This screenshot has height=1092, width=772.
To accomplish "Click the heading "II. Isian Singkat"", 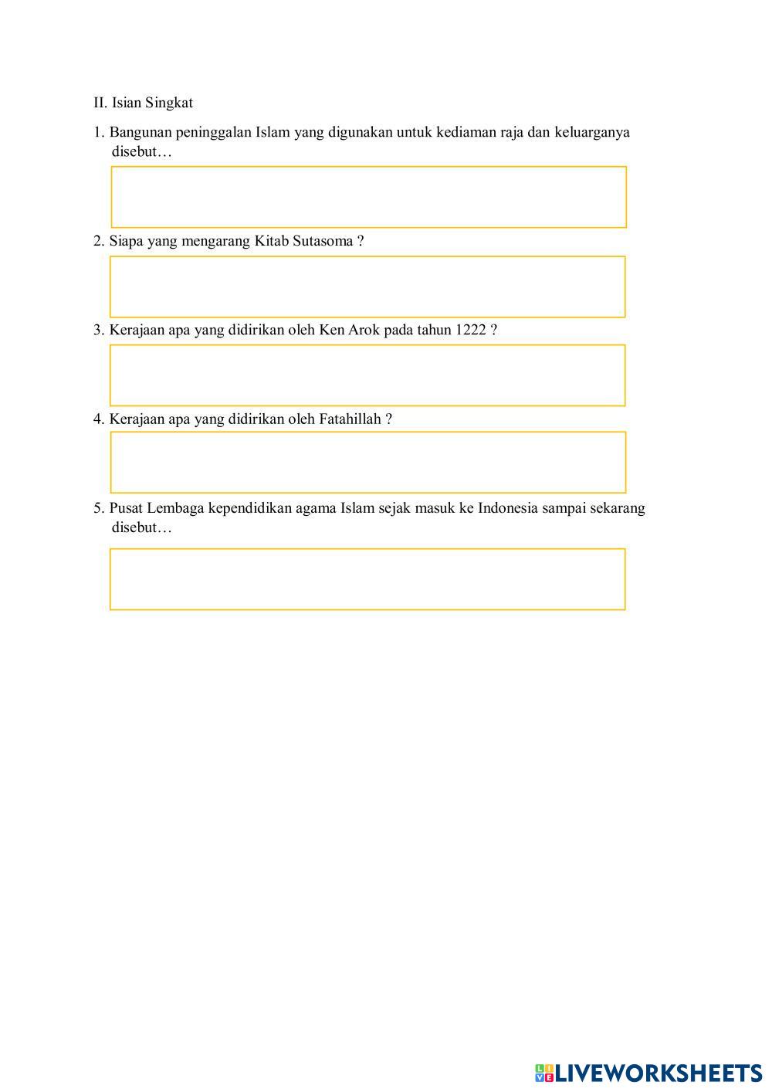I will (143, 103).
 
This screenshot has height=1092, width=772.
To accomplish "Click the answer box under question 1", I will (368, 197).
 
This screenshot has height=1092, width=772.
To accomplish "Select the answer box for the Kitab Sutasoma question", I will (367, 287).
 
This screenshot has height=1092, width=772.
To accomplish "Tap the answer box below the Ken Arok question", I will (367, 375).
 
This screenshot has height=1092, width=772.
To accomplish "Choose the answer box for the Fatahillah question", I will (368, 462).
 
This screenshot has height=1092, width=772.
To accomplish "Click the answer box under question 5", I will (367, 579).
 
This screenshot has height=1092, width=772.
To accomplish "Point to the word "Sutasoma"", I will (323, 241).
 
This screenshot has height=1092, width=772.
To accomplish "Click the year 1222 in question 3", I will (471, 330).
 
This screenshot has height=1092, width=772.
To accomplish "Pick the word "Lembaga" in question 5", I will (175, 508).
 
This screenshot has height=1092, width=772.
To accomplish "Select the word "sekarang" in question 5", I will (618, 508).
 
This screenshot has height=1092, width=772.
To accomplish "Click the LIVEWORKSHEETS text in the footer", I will (659, 1073).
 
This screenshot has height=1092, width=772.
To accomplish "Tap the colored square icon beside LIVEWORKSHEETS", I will (544, 1073).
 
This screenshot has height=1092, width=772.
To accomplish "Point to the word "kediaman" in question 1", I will (466, 132).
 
